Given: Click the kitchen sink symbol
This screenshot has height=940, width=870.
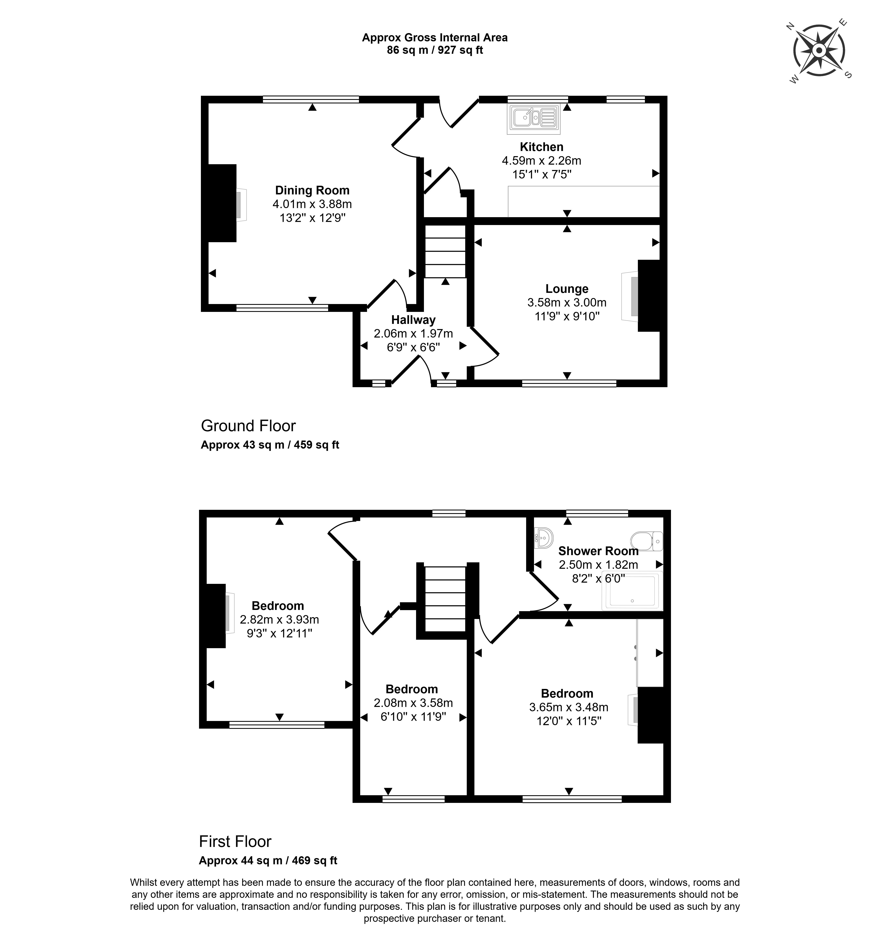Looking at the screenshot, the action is click(534, 117).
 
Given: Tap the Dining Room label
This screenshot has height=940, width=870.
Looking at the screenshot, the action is click(312, 190).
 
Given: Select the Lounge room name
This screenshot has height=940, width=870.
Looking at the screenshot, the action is click(567, 289).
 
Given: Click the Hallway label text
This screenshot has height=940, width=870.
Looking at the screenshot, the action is click(413, 320).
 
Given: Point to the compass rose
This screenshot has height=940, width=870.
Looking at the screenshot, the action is click(819, 50).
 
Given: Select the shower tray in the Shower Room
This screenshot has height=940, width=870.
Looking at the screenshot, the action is click(632, 590).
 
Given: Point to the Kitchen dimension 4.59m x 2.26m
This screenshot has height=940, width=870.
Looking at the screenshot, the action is click(541, 160).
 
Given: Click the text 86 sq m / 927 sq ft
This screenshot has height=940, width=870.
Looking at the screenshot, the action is click(435, 50).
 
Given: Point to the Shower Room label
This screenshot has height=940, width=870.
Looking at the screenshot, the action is click(598, 551).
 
